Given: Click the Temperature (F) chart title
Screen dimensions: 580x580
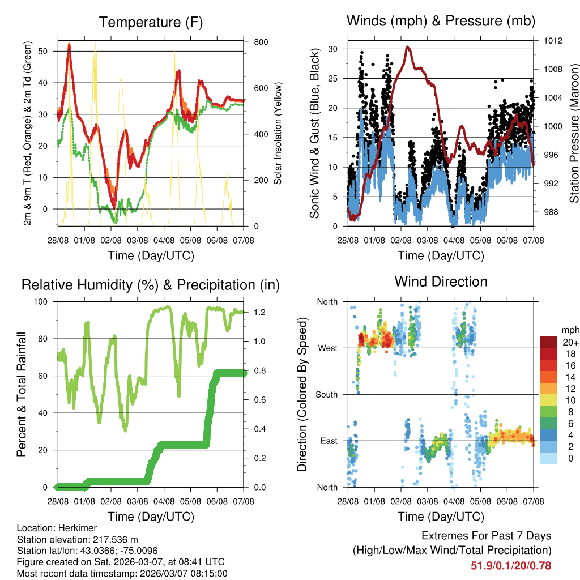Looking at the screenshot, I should [151, 22].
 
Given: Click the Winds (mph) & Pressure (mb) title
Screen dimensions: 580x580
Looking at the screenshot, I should [441, 21].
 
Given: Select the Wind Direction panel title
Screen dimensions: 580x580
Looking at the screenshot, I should [441, 281].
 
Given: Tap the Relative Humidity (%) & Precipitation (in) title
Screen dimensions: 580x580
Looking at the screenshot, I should [151, 285].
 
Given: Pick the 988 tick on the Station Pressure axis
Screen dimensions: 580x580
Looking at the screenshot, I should [550, 212].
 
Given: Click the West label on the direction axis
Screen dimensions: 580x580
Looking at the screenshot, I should [327, 348].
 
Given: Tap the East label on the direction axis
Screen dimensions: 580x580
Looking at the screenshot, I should [329, 441].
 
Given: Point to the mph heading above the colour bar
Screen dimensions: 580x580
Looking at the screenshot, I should [569, 330].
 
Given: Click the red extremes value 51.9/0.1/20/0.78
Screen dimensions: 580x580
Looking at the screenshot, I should [511, 565].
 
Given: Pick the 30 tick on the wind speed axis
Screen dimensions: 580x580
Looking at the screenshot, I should [333, 49].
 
